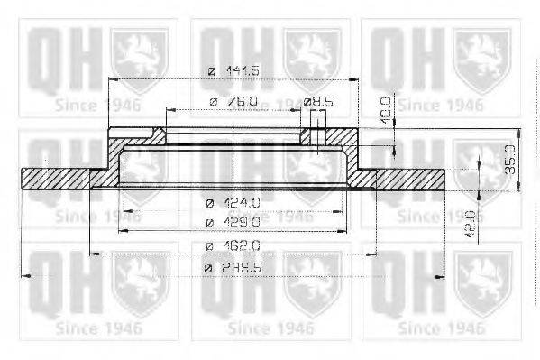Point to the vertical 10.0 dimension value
point(386,109)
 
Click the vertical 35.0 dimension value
point(509,158)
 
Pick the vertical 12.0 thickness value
point(471,221)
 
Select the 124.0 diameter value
point(243,202)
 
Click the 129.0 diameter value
point(243,222)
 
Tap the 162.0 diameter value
point(243,245)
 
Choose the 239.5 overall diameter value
point(243,268)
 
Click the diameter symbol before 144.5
point(211,71)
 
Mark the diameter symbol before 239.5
point(210,268)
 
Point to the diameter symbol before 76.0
point(213,102)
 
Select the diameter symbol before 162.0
point(210,245)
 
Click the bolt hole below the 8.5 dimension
point(316,136)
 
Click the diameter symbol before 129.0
point(210,222)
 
